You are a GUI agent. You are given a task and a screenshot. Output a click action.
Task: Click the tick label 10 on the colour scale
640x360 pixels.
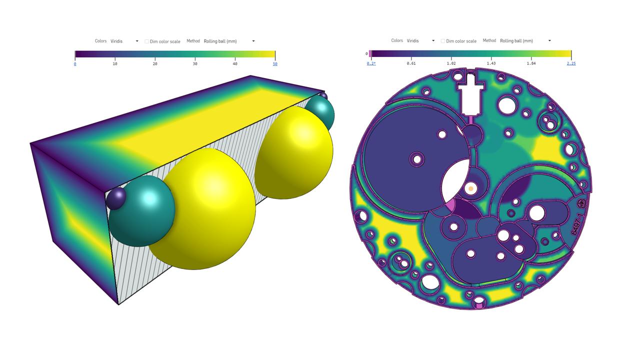(115, 63)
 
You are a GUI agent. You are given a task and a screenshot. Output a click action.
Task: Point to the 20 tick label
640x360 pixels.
(155, 63)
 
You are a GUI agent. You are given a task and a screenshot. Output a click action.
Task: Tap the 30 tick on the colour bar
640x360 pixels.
(195, 63)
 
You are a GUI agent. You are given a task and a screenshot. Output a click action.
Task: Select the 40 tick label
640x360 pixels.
(235, 63)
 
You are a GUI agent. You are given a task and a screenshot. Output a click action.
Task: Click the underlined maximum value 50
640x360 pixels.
(275, 63)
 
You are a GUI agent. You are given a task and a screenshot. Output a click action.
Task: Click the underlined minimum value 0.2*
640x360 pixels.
(371, 63)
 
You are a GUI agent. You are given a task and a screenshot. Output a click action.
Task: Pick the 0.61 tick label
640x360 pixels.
(411, 63)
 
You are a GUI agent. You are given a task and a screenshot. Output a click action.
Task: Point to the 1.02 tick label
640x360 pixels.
(451, 63)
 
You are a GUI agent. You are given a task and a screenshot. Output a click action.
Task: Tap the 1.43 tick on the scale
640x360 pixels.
(491, 63)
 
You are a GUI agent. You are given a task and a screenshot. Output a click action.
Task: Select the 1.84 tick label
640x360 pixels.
(531, 63)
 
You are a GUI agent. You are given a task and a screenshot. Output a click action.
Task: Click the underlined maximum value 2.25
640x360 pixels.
(571, 63)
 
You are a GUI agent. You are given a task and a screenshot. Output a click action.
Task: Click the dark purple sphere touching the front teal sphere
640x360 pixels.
(116, 198)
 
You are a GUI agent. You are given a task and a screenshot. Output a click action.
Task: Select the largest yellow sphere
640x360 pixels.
(205, 210)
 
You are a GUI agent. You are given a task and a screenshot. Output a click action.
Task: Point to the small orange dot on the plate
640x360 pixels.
(470, 189)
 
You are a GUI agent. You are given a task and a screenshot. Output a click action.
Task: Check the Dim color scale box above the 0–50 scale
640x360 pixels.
(147, 41)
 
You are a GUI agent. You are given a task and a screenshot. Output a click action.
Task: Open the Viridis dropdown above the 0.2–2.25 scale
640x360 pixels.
(420, 40)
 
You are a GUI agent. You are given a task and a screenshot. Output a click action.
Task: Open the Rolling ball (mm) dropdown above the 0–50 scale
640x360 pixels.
(229, 41)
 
